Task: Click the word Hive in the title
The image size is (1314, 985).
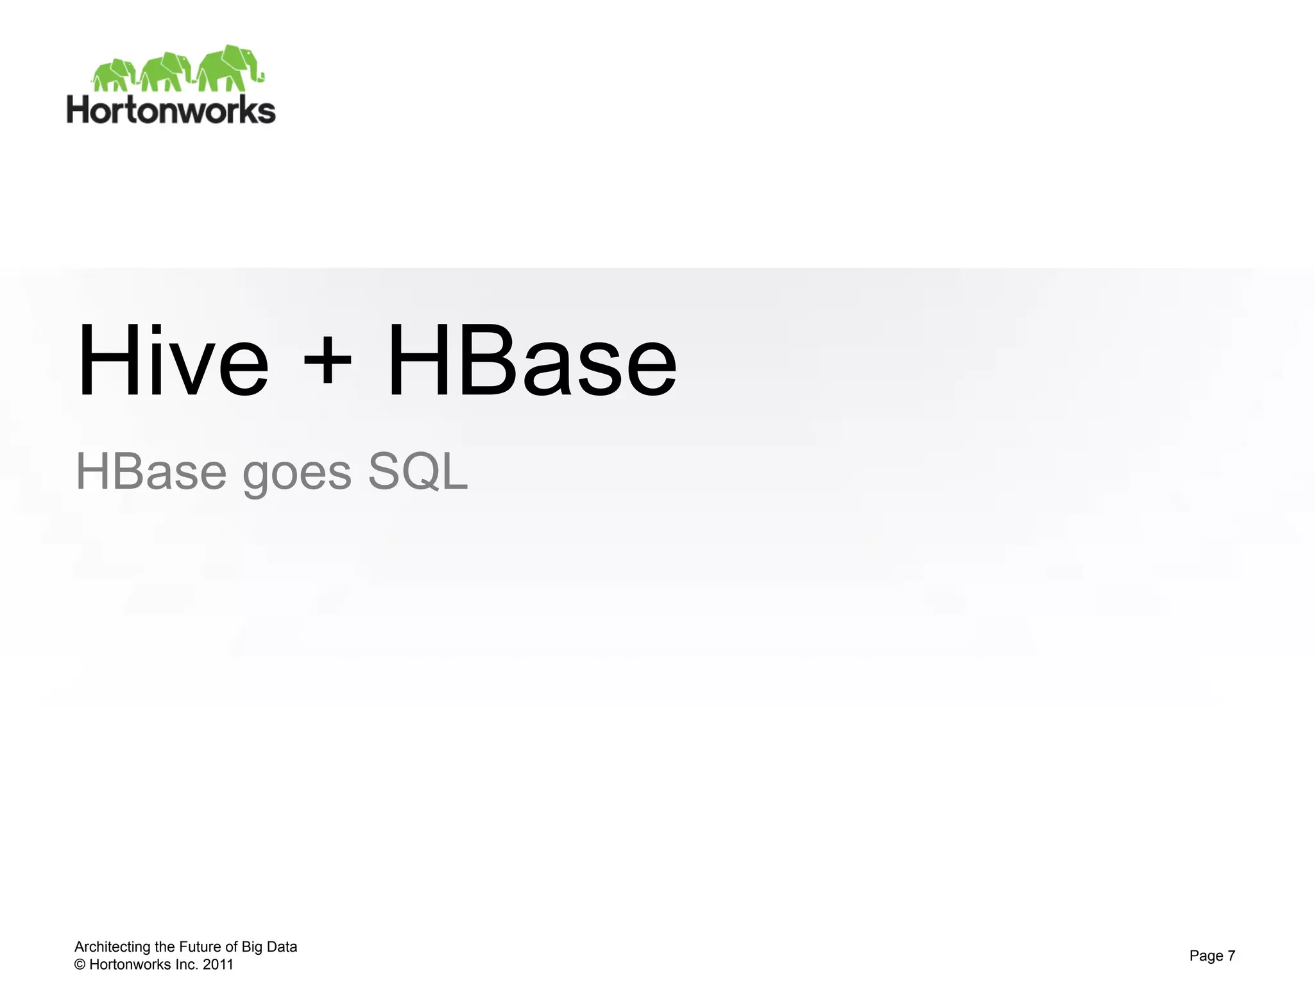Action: coord(172,360)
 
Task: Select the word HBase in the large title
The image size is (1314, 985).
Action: coord(532,360)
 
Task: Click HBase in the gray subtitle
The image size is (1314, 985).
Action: coord(151,471)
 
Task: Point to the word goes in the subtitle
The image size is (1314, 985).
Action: coord(297,475)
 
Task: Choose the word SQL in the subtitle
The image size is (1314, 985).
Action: coord(418,471)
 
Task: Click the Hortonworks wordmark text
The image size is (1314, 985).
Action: coord(171,110)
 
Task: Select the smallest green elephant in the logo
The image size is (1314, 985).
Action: coord(114,75)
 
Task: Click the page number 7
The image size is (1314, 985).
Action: coord(1231,956)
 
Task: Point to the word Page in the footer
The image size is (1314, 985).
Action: coord(1206,956)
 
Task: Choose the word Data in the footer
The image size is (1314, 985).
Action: coord(282,947)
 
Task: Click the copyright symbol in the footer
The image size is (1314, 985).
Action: coord(80,964)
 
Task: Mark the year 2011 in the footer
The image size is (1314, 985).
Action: coord(218,964)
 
